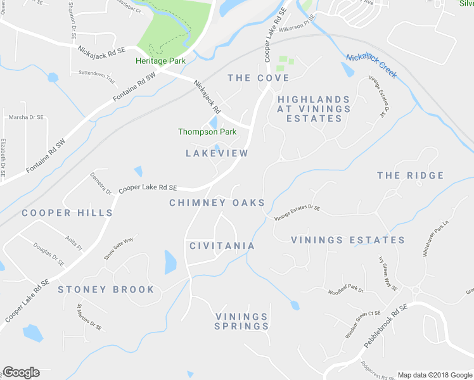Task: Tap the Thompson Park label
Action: tap(207, 132)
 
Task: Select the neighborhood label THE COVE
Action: tap(258, 78)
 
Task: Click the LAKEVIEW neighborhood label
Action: tap(217, 153)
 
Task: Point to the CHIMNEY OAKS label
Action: tap(217, 203)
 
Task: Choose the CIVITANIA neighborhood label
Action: tap(222, 246)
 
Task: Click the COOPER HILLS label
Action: tap(67, 213)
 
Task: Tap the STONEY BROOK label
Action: tap(106, 289)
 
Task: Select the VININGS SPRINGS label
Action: tap(241, 321)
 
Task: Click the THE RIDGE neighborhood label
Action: tap(410, 175)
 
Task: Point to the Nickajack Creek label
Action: tap(371, 66)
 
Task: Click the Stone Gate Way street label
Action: tap(118, 249)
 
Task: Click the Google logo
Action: tap(21, 372)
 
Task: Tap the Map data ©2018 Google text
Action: tap(435, 375)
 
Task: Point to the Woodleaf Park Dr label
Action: tap(345, 291)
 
